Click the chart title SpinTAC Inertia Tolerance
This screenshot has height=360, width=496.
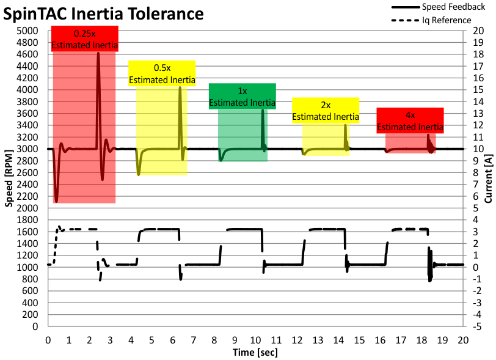[103, 13]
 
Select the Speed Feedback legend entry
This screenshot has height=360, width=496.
[445, 7]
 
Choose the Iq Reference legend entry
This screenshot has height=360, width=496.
[446, 20]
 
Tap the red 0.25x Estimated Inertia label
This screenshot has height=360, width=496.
[84, 39]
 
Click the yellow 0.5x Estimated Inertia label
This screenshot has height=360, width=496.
[162, 73]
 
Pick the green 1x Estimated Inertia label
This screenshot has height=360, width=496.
[243, 97]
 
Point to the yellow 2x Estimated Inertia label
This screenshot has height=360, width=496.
[326, 111]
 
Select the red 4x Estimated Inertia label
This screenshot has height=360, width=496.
[410, 120]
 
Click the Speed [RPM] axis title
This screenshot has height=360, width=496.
[9, 177]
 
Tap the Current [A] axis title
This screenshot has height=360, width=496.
[487, 177]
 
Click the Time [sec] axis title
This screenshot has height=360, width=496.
[255, 353]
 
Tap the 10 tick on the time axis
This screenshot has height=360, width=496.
[256, 339]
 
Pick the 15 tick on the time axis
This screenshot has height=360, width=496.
[360, 339]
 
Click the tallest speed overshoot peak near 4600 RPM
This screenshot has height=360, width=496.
[98, 54]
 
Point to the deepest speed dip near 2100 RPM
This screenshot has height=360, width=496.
[56, 201]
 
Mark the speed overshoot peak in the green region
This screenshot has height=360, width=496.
[263, 111]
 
